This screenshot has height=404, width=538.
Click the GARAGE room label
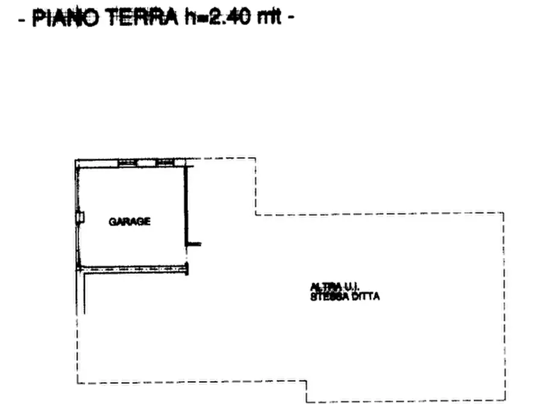point(130,221)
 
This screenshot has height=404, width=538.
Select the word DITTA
point(366,296)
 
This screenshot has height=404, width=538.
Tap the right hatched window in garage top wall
point(164,162)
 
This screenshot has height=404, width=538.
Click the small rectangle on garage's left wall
point(80,216)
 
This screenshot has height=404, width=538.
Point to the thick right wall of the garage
point(186,205)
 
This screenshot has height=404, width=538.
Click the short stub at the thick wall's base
point(194,244)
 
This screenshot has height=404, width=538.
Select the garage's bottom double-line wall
point(133,270)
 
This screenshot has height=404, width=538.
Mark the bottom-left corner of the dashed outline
point(78,382)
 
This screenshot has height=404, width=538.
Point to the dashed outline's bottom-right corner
point(505,401)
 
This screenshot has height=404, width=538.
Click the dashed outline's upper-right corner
point(504,213)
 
